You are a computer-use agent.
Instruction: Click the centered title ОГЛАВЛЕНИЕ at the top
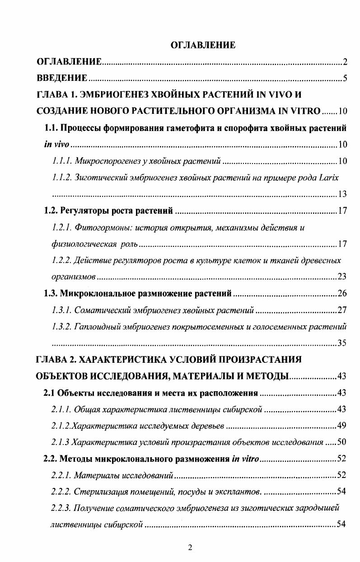pos(202,45)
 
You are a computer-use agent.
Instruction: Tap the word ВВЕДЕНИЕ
pos(62,78)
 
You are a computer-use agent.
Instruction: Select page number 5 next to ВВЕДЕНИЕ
pos(345,79)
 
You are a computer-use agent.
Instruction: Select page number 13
pos(342,195)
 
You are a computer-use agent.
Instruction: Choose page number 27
pos(342,310)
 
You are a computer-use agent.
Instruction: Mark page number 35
pos(342,343)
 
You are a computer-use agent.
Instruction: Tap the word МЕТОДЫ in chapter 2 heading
pos(264,376)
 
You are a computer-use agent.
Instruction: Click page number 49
pos(342,426)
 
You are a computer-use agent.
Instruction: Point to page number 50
pos(342,442)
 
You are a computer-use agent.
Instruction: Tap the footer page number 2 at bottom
pos(190,548)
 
